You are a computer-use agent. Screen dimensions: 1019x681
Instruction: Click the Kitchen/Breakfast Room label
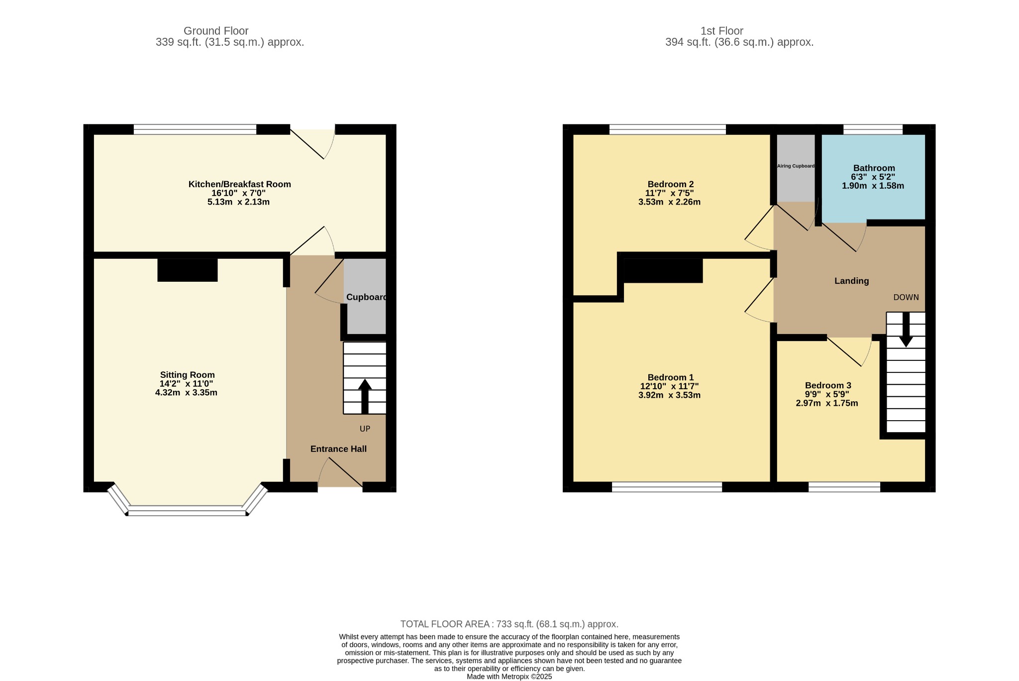click(239, 184)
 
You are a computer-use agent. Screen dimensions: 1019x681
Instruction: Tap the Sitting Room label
click(187, 375)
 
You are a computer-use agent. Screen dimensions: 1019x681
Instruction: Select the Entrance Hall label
click(338, 449)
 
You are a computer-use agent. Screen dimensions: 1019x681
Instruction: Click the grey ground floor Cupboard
click(366, 296)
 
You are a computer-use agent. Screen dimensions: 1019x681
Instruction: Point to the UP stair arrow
click(365, 397)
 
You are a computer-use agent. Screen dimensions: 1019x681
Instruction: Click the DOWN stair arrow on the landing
click(906, 329)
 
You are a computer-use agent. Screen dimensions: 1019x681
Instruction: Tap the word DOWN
click(906, 297)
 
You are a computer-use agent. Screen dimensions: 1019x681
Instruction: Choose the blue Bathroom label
click(874, 168)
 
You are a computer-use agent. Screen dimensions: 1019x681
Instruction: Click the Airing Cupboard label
click(796, 166)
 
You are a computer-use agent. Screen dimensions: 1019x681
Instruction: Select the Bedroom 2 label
click(670, 184)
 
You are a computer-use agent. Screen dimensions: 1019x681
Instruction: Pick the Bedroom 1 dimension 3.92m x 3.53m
click(669, 395)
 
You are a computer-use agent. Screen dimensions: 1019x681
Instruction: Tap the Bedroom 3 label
click(828, 385)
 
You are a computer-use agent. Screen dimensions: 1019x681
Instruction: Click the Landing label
click(851, 281)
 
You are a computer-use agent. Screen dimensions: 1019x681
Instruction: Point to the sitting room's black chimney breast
click(188, 270)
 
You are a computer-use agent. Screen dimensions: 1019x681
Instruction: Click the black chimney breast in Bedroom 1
click(663, 270)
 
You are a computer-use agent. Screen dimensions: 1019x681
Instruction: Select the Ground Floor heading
click(216, 31)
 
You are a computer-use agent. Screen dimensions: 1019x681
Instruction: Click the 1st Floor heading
click(721, 31)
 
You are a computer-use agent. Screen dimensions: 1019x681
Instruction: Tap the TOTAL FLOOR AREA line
click(509, 624)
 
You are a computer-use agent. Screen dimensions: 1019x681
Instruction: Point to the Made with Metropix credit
click(509, 677)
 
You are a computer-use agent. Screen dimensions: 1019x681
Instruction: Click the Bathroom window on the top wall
click(873, 129)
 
